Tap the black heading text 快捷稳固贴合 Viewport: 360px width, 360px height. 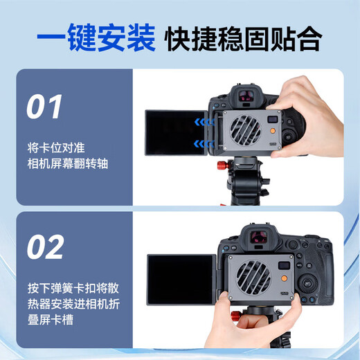[x=243, y=39]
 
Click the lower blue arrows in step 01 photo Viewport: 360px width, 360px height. [x=201, y=144]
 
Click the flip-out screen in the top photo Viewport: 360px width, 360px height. [x=174, y=132]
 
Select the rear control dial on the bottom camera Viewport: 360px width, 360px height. [x=312, y=285]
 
